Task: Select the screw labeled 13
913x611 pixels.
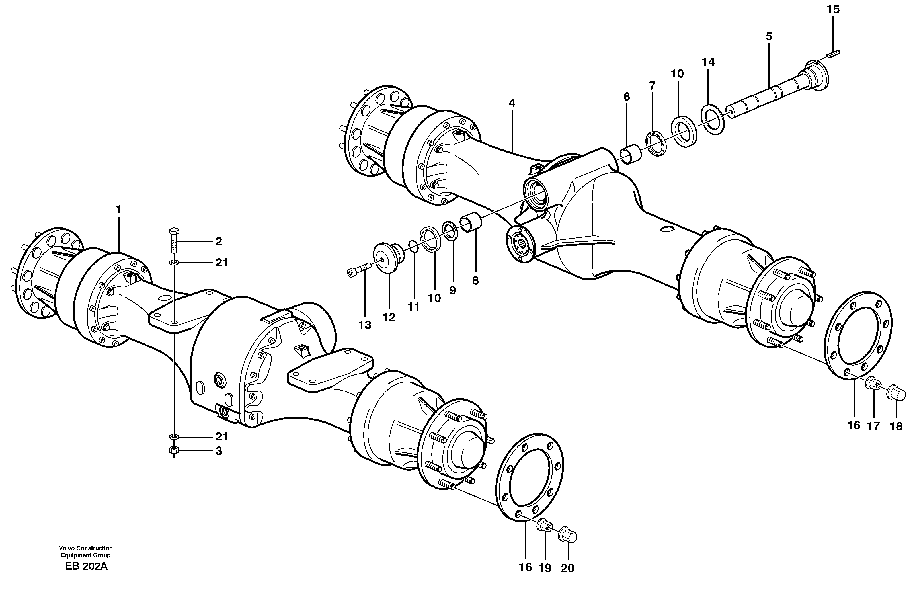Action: (359, 270)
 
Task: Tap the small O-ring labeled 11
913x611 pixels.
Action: (414, 246)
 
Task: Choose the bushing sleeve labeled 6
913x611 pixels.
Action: (630, 155)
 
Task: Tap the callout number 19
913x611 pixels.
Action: (545, 568)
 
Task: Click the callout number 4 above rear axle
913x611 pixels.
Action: (512, 103)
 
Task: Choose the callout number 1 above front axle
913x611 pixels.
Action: (118, 210)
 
